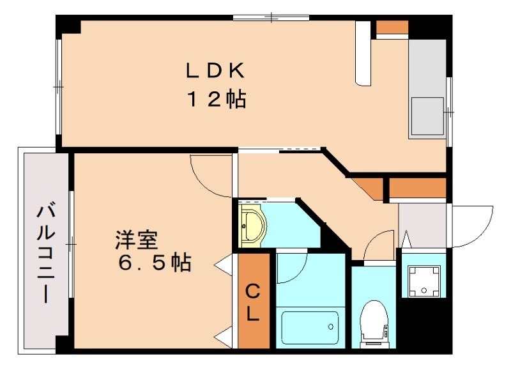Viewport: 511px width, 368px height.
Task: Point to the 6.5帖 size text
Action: coord(154,262)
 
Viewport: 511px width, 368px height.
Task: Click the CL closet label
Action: coord(253,303)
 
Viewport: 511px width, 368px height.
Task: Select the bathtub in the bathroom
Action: coord(310,328)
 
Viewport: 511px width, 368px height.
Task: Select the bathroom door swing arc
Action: coord(291,268)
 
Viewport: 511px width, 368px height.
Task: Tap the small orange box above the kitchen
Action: coord(392,27)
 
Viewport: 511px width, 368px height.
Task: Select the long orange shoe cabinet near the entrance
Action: coord(417,188)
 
